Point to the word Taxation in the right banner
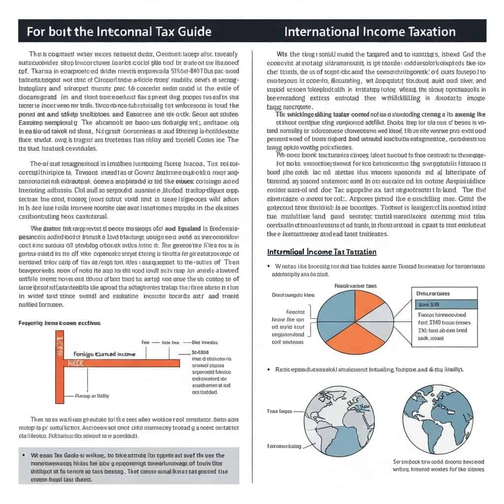[429, 31]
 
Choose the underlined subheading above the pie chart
[321, 252]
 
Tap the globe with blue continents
[438, 412]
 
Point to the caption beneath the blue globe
[439, 466]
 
